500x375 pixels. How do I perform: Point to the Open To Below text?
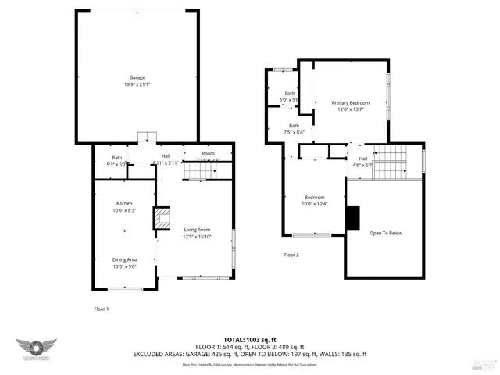pyautogui.click(x=386, y=233)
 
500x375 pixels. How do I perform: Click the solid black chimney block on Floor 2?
pyautogui.click(x=353, y=219)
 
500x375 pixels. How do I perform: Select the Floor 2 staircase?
pyautogui.click(x=390, y=162)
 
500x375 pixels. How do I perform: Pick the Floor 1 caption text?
pyautogui.click(x=102, y=309)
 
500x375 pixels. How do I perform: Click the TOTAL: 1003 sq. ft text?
pyautogui.click(x=250, y=339)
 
